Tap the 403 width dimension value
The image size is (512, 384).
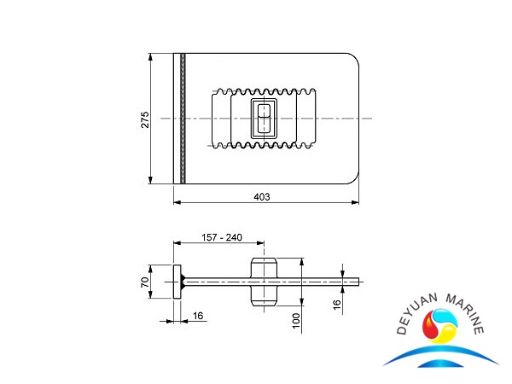point(262,196)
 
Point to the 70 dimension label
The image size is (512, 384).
point(145,281)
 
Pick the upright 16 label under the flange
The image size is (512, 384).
point(198,316)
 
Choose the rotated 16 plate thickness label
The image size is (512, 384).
point(336,302)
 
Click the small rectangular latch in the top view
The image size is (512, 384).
point(264,119)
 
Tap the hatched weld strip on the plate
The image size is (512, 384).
point(180,118)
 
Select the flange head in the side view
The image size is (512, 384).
point(177,281)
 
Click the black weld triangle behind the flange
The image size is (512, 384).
point(185,281)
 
